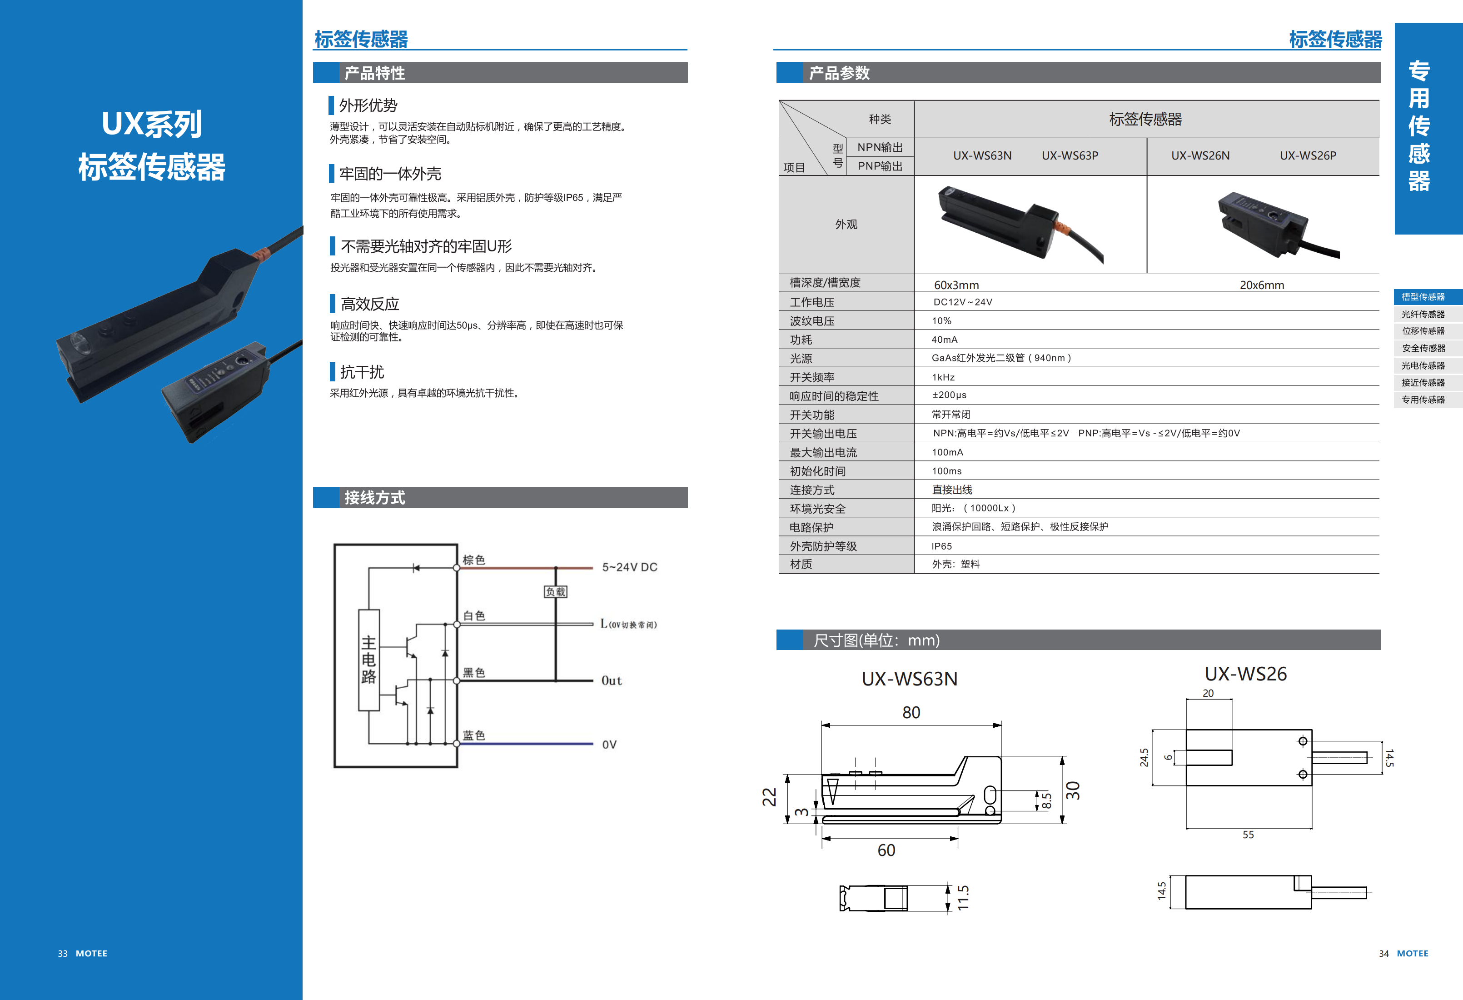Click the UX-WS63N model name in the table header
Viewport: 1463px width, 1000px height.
(x=982, y=155)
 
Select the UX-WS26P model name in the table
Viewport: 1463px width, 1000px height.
(x=1308, y=155)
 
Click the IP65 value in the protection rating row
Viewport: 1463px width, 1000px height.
(x=942, y=546)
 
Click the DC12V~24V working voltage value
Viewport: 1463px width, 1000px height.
(x=962, y=302)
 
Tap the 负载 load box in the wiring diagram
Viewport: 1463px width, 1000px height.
(x=555, y=592)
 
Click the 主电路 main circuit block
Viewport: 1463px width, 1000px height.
(x=369, y=660)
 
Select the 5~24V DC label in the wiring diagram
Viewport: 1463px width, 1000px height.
(x=630, y=567)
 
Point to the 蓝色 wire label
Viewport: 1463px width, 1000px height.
(x=473, y=735)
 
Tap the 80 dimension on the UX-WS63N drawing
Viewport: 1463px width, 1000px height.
(x=911, y=712)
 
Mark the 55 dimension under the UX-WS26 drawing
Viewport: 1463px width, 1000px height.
(x=1248, y=835)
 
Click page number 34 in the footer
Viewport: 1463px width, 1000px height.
(x=1383, y=953)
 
